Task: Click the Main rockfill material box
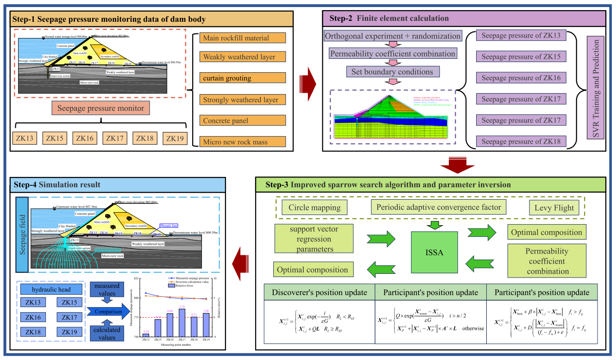pos(243,38)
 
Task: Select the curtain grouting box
pos(243,78)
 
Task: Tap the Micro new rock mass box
pos(243,142)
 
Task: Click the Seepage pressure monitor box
pos(101,108)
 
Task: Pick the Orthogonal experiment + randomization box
pos(393,36)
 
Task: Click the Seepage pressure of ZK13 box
pos(521,36)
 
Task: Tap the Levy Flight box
pos(554,207)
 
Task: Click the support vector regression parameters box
pos(313,239)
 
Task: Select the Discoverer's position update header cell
pos(319,292)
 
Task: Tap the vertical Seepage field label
pos(22,234)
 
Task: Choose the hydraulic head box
pos(51,290)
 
